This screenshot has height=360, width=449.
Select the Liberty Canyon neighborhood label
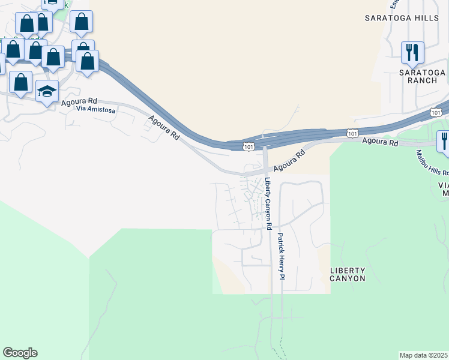(348, 275)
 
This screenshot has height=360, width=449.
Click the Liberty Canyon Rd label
(268, 204)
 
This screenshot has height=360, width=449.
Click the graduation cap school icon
(47, 91)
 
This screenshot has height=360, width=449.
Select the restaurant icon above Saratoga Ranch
(412, 52)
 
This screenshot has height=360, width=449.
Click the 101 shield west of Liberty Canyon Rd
(249, 146)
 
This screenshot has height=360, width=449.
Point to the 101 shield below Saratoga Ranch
(437, 112)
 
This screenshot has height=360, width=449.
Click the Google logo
(20, 353)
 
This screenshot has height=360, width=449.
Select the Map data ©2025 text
(423, 355)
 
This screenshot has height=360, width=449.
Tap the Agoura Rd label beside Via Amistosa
(79, 103)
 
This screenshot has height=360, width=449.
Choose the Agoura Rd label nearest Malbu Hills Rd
(379, 143)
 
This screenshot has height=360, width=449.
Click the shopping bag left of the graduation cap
(21, 82)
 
